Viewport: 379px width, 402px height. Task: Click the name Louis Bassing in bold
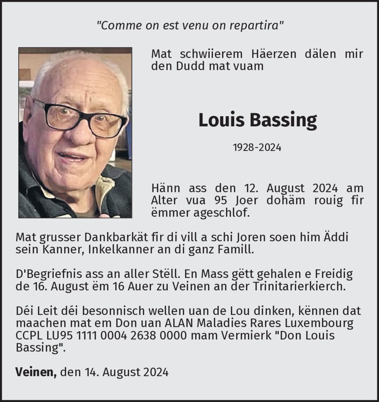[257, 120]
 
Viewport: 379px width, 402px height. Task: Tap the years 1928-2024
[257, 148]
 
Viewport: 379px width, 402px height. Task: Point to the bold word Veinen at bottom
[35, 372]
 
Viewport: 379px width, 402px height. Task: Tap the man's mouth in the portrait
[73, 156]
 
